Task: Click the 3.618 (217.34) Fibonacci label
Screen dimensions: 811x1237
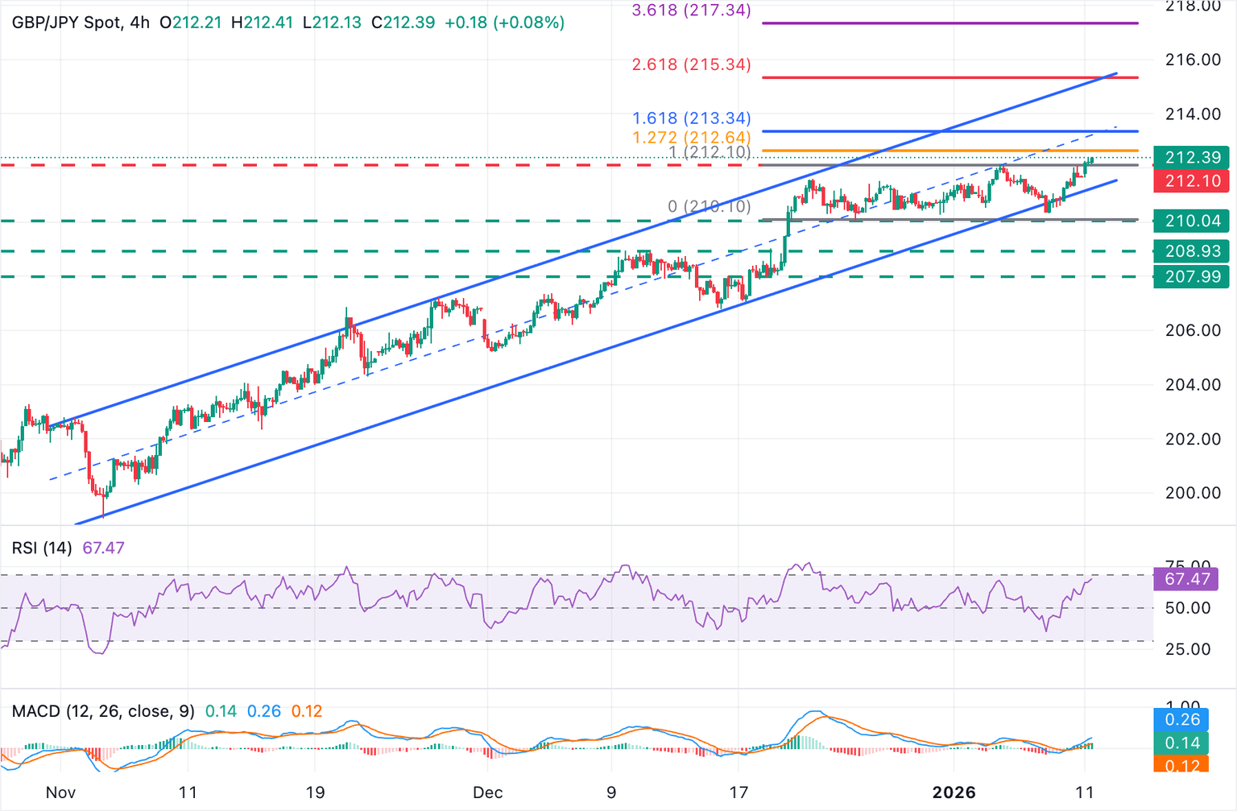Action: coord(691,10)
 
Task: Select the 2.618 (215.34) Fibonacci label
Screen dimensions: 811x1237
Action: coord(691,64)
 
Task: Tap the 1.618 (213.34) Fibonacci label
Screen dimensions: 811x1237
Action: coord(691,118)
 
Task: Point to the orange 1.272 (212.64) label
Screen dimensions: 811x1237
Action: coord(691,138)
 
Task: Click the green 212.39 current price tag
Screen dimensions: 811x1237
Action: coord(1192,158)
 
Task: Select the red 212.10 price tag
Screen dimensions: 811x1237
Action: coord(1192,181)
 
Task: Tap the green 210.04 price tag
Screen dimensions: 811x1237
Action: coord(1192,221)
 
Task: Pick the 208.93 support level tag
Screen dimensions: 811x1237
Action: coord(1192,251)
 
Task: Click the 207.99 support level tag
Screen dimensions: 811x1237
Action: coord(1192,277)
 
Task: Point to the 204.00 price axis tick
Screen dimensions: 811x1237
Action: coord(1192,385)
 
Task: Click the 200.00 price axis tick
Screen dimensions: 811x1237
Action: coord(1192,493)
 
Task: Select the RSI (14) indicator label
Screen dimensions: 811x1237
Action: coord(42,548)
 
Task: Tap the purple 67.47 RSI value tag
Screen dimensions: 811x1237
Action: coord(1186,579)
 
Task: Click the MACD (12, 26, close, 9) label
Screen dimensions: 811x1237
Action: coord(103,712)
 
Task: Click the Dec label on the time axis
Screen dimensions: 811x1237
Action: coord(488,792)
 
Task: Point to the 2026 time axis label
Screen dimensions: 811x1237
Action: coord(954,792)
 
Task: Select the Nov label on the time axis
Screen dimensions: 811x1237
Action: coord(60,792)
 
